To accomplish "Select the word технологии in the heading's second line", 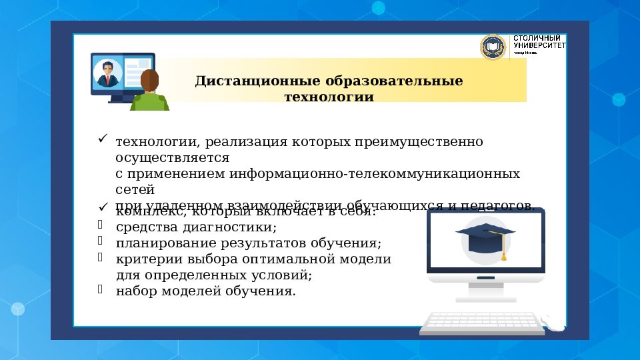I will coord(329,97).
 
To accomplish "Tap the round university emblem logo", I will coord(493,47).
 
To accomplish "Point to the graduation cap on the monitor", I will coord(485,235).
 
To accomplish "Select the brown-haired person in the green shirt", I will coord(149,92).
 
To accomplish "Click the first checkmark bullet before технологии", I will coord(103,139).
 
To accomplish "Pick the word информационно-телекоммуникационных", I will coord(375,173).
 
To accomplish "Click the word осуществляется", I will coord(173,158).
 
